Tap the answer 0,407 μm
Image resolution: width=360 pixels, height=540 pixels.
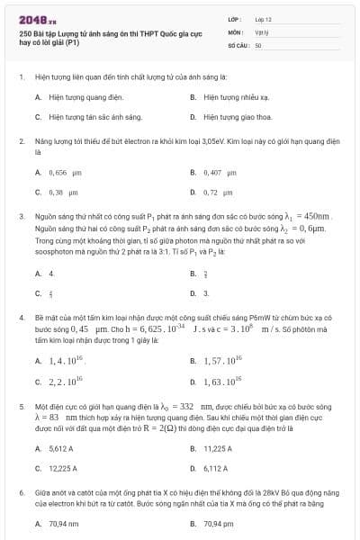click(220, 171)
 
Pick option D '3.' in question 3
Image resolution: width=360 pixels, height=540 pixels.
click(205, 292)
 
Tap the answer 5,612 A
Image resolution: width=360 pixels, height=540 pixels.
click(61, 447)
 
